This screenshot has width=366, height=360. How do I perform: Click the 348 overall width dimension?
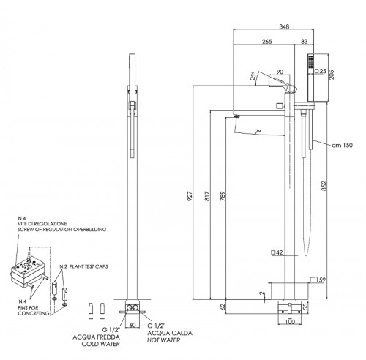coord(284,26)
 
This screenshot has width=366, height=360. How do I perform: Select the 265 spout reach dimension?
coord(267,42)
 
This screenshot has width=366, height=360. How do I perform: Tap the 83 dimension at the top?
coord(305,42)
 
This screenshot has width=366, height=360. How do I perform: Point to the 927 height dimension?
coord(190,196)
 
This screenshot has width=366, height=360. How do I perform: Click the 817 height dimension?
coord(207,196)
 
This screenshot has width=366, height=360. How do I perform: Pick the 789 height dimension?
coord(223,196)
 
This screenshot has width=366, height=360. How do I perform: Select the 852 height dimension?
coord(324,186)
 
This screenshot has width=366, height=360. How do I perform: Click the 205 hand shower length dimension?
coord(332,75)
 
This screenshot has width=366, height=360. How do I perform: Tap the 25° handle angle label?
coord(253,76)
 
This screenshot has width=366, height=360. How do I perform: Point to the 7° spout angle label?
coord(258,132)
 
